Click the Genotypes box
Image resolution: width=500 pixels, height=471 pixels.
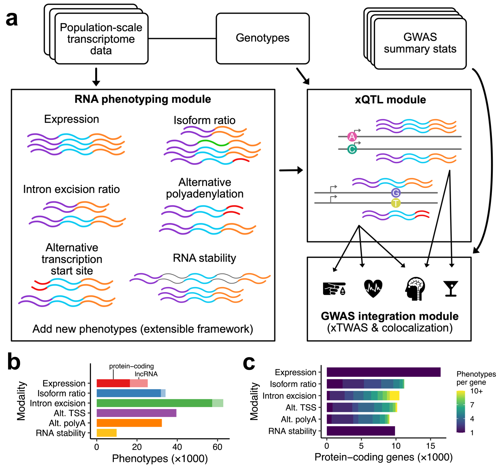point(263,38)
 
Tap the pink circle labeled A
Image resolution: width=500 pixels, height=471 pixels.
point(352,136)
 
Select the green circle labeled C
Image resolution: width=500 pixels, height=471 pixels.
point(352,149)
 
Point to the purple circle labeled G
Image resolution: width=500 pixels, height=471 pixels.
point(396,193)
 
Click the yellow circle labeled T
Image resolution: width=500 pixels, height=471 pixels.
point(396,203)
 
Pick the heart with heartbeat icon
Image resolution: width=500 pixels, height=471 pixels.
point(373,288)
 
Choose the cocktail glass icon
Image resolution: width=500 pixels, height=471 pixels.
point(451,288)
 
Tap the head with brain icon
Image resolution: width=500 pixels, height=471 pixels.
point(415,289)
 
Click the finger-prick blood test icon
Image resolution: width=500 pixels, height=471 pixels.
point(334,289)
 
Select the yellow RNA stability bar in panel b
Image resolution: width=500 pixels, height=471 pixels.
point(107,433)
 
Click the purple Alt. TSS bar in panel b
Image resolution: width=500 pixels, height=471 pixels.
point(136,413)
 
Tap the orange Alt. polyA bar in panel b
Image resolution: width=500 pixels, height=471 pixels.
point(129,423)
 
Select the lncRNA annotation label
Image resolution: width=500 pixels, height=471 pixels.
point(146,374)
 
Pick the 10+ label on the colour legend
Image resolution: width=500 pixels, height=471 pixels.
point(476,391)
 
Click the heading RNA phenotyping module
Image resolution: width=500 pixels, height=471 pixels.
point(143,99)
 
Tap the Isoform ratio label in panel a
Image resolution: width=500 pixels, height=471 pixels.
point(205,120)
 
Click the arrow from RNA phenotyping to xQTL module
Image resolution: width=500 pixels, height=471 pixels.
point(291,170)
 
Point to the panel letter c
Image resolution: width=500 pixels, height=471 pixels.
point(249,363)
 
